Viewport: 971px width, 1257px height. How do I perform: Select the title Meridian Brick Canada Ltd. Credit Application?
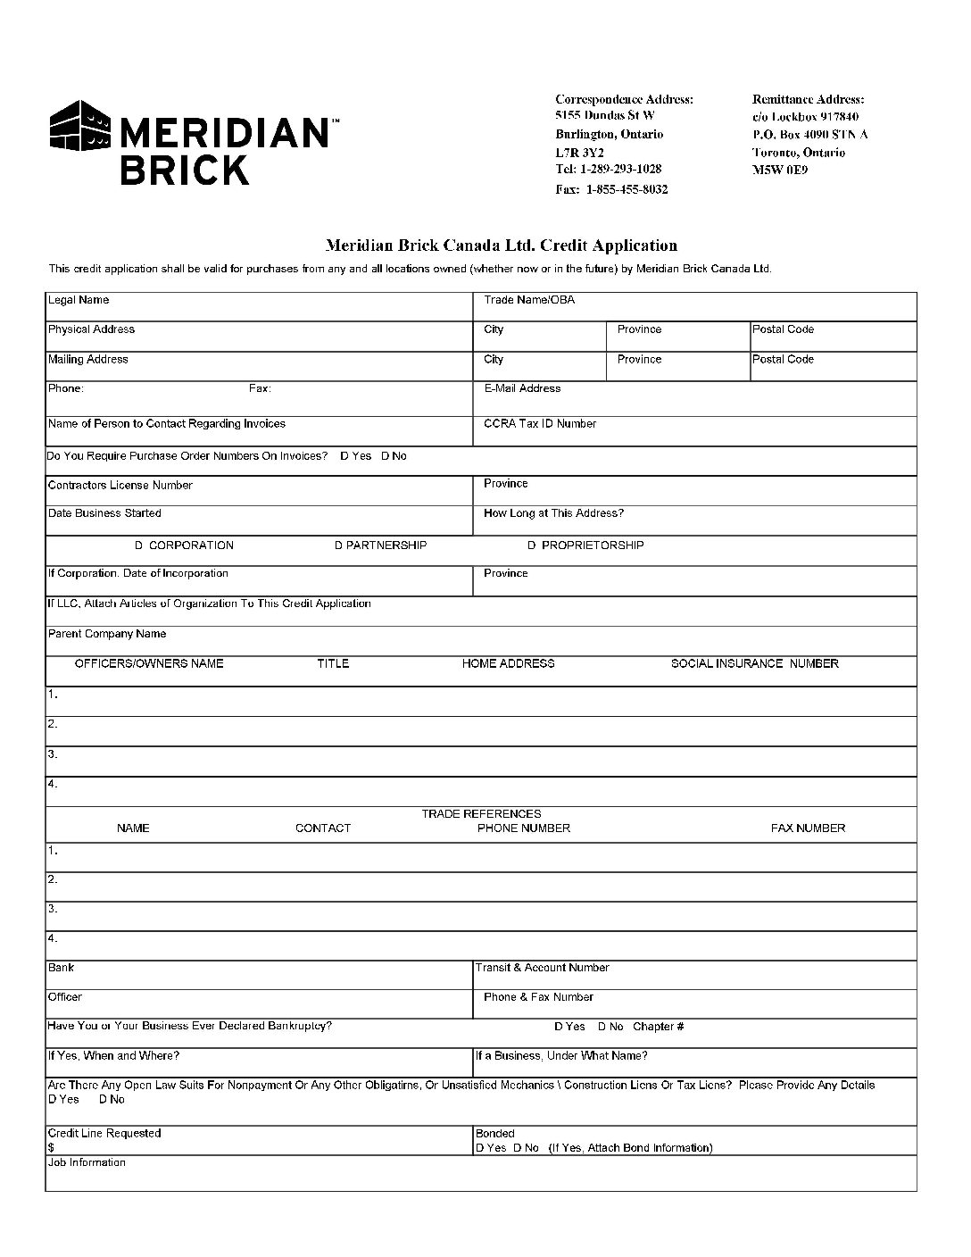[501, 246]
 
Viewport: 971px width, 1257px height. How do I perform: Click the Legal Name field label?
[79, 300]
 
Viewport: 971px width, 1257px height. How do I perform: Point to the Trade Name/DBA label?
[529, 300]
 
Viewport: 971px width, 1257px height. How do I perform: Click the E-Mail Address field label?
[522, 388]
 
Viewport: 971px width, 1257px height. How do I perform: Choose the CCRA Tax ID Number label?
[540, 423]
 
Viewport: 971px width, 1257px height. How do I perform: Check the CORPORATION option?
[185, 545]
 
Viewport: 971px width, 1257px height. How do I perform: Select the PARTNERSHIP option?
[381, 545]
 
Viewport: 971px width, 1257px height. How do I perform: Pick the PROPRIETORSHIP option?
[585, 545]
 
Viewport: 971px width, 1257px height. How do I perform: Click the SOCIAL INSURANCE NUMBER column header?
[754, 663]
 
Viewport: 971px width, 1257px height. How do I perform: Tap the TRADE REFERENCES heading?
[481, 813]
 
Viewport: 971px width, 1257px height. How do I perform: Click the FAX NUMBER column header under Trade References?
[808, 828]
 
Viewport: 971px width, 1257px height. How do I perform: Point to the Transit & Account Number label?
[542, 967]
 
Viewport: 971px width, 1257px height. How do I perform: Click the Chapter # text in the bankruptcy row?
[658, 1027]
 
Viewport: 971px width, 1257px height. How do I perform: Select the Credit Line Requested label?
[104, 1133]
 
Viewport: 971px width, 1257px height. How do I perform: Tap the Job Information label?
[87, 1162]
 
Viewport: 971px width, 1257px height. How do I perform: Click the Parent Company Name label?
[107, 634]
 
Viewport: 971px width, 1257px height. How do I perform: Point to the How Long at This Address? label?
[553, 513]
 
